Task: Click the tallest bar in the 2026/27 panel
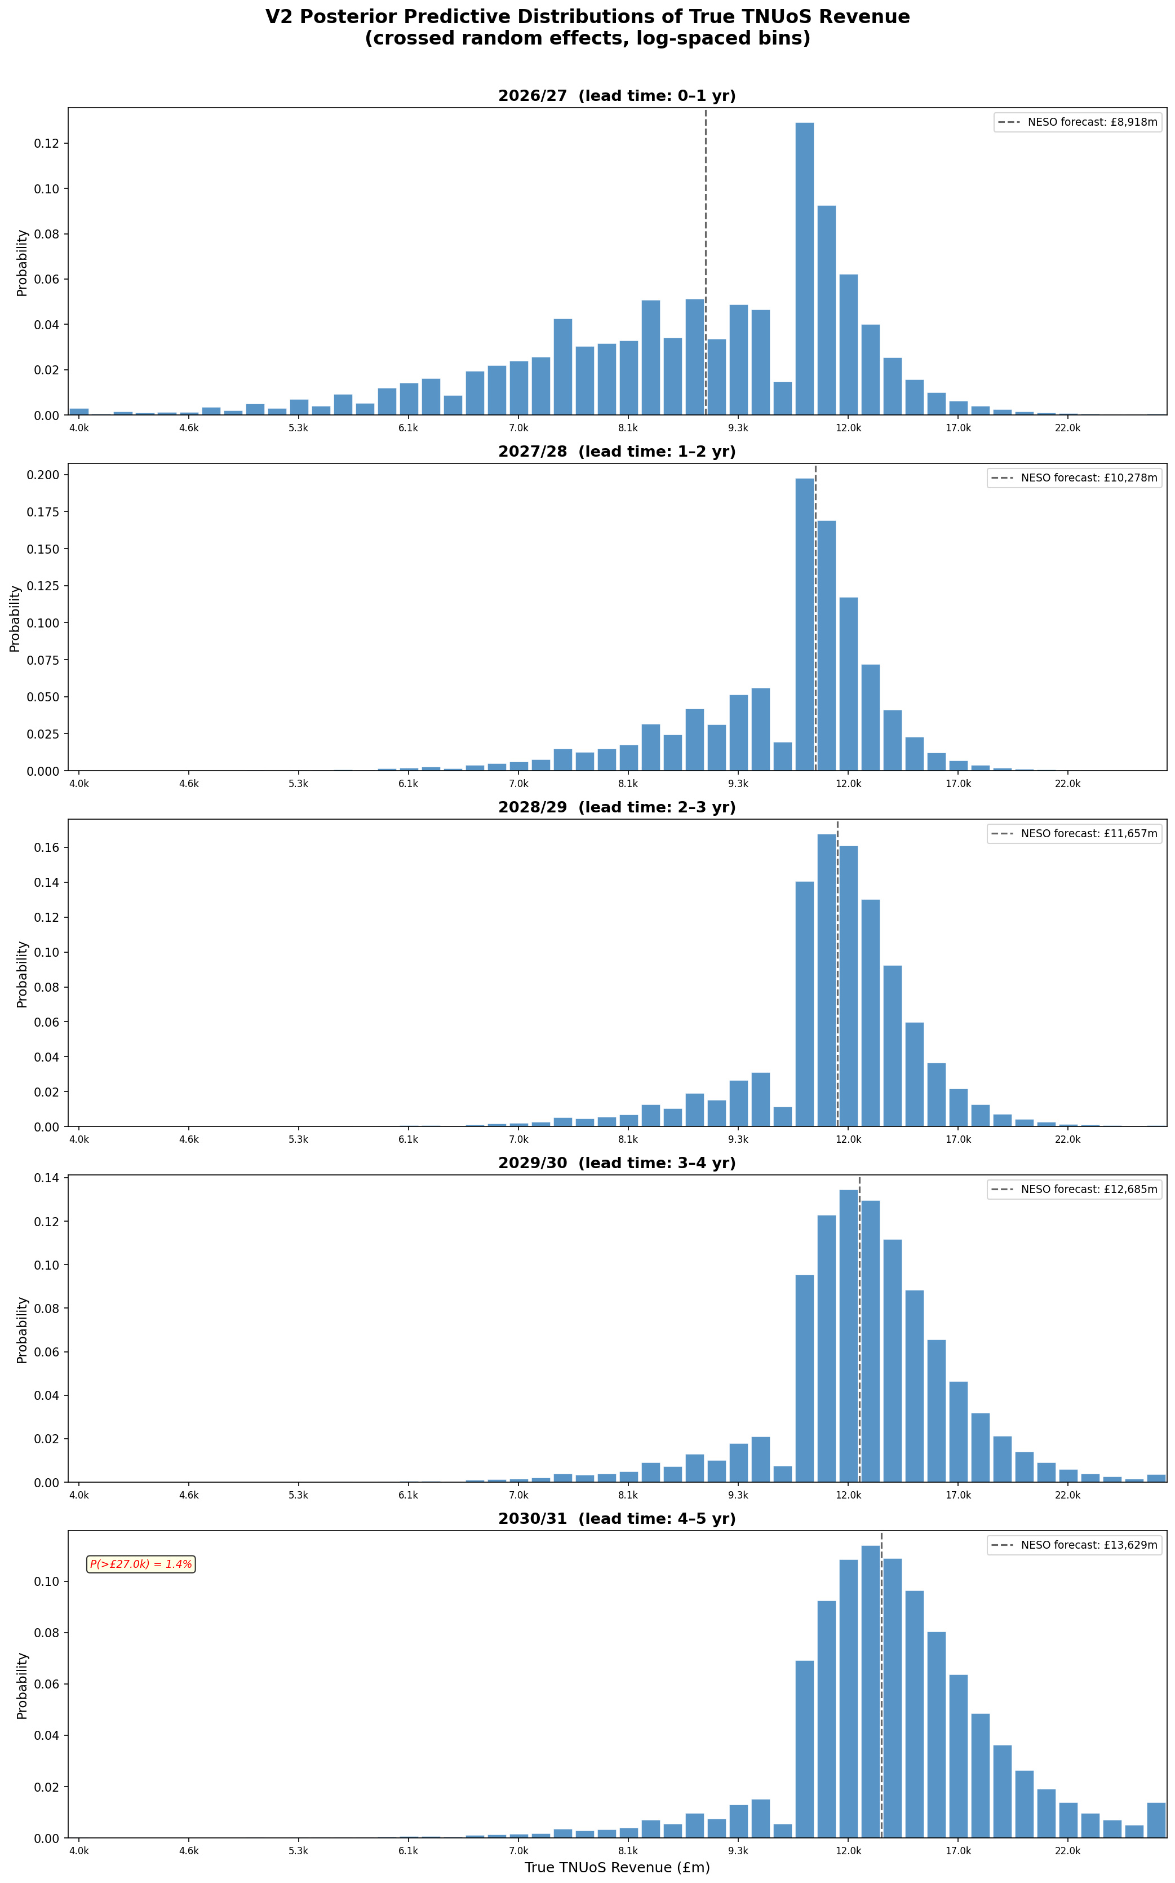(804, 268)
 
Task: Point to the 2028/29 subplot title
(617, 807)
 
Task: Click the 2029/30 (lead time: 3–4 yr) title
(617, 1163)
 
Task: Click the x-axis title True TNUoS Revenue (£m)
(617, 1867)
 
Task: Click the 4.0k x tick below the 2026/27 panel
(79, 427)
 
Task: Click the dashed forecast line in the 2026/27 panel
(706, 233)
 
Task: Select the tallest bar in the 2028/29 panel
(826, 980)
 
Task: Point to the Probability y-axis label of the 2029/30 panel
(22, 1329)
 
